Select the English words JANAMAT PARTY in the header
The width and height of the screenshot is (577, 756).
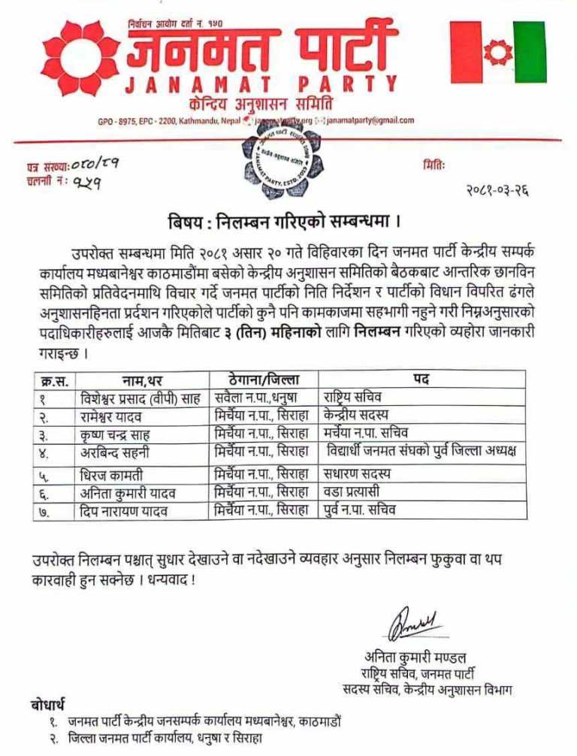tap(261, 84)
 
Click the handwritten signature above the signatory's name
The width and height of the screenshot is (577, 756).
tap(413, 623)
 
